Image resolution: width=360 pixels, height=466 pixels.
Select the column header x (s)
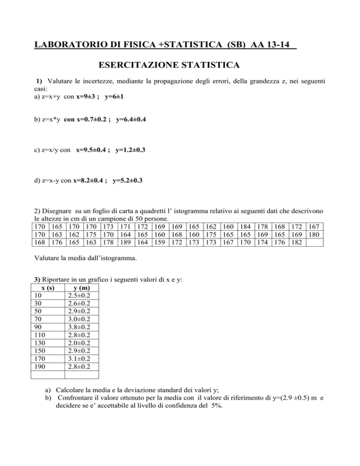tap(47, 287)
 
